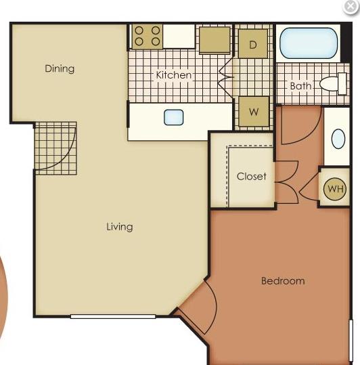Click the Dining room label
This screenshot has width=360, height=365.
[x=60, y=69]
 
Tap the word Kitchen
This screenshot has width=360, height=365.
[x=174, y=75]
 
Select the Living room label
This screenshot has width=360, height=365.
[x=120, y=227]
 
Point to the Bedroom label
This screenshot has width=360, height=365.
[x=283, y=281]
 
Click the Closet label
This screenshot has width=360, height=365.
[x=252, y=176]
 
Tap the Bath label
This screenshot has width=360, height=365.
[x=300, y=86]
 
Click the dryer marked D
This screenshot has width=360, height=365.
[x=253, y=43]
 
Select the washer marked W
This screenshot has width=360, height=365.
[x=254, y=112]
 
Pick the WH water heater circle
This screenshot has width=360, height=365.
[x=335, y=189]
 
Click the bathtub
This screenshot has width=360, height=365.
[x=309, y=43]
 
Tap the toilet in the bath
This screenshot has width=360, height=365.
[x=333, y=83]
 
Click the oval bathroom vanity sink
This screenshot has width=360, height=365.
[x=338, y=139]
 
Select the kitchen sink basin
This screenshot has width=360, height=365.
[x=173, y=117]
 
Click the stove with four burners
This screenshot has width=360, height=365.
[x=148, y=36]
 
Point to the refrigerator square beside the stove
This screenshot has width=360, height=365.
[x=215, y=40]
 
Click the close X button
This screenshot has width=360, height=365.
[x=351, y=7]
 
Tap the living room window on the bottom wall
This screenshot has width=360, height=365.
[x=113, y=316]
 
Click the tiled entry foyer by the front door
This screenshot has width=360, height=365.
[x=55, y=148]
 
